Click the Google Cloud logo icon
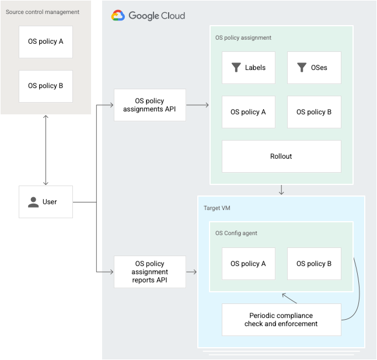[118, 16]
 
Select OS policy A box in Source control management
[46, 41]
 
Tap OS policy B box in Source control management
[46, 86]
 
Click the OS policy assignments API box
[149, 105]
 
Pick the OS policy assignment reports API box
[149, 272]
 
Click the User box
[46, 202]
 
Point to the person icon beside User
[33, 202]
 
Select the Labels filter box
[248, 68]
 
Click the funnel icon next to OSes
[302, 68]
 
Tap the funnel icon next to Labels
[236, 68]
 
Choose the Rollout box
[281, 156]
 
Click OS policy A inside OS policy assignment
[248, 112]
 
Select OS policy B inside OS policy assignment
[314, 112]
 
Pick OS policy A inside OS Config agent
[248, 264]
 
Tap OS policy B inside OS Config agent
[314, 264]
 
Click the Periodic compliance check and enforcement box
[281, 320]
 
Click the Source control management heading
[43, 12]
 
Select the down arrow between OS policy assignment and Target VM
[281, 190]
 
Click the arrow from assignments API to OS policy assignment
[198, 105]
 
